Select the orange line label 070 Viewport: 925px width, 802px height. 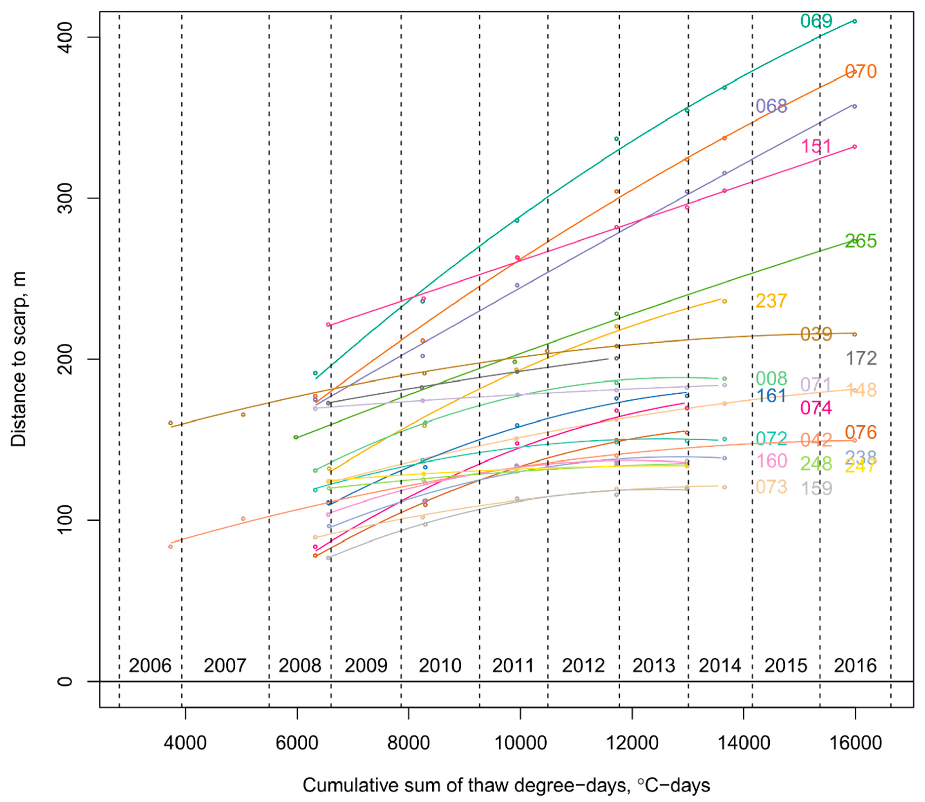coord(860,72)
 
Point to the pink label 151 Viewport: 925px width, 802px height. coord(816,146)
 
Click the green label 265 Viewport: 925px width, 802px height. coord(860,241)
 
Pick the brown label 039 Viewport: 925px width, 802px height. coord(816,334)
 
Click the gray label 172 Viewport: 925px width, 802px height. coord(860,358)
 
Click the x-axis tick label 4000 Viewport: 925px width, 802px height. coord(185,743)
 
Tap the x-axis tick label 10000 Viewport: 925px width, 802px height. coord(520,743)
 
